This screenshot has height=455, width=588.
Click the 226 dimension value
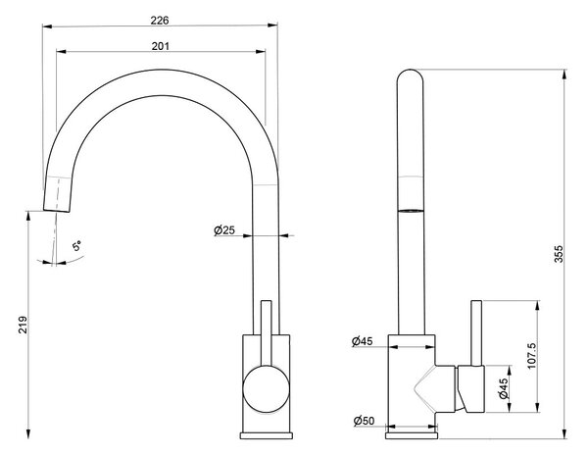(x=160, y=21)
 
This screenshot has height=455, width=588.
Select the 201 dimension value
(x=161, y=46)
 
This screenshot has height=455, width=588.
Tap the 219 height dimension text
(x=24, y=325)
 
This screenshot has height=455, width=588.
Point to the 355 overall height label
(x=559, y=254)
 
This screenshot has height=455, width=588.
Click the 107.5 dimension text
(x=532, y=355)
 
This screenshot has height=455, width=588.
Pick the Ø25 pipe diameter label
(x=224, y=229)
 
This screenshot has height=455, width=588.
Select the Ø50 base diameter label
(x=364, y=421)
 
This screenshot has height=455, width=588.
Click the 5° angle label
(x=76, y=246)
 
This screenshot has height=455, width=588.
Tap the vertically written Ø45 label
(x=504, y=388)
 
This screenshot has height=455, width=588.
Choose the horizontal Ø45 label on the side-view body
(x=363, y=341)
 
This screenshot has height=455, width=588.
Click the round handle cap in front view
(x=267, y=388)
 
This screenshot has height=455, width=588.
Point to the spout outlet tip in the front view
(x=56, y=210)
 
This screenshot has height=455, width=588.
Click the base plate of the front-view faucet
(x=267, y=435)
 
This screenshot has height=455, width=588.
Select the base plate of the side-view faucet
(x=412, y=435)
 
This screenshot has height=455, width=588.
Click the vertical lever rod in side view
(x=476, y=333)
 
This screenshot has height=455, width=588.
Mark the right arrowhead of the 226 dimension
(x=272, y=25)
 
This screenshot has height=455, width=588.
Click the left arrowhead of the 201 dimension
(x=61, y=51)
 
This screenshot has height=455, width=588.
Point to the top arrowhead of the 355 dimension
(x=564, y=75)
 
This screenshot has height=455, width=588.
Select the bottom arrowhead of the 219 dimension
(x=28, y=433)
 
